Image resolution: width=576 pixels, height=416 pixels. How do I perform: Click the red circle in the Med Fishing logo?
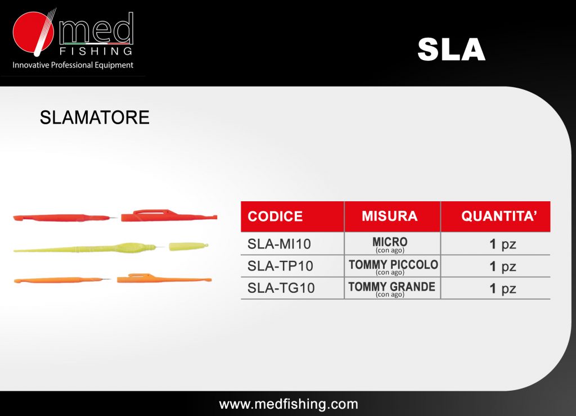click(x=33, y=32)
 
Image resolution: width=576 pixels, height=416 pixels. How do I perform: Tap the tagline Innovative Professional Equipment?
click(x=73, y=65)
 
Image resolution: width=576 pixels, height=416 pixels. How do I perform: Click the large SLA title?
click(x=452, y=49)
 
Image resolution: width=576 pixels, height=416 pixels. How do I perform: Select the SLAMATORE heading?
click(x=94, y=117)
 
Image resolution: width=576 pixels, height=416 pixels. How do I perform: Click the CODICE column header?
click(x=275, y=216)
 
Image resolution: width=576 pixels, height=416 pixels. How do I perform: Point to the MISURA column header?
click(x=390, y=216)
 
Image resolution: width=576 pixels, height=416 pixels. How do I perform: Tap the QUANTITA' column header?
click(x=499, y=216)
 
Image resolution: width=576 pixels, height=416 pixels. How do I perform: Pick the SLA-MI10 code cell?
click(x=279, y=244)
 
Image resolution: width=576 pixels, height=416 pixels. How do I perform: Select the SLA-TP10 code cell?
click(x=280, y=266)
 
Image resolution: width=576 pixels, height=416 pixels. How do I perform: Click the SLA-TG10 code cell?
click(x=281, y=288)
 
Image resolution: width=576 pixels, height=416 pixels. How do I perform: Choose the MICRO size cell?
click(x=390, y=245)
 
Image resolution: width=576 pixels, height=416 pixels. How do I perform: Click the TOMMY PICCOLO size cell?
click(x=393, y=267)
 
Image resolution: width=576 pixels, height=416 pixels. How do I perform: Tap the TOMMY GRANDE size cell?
click(x=391, y=289)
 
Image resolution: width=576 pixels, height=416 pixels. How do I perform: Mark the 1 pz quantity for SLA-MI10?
click(x=503, y=244)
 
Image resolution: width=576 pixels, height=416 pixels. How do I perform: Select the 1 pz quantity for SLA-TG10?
click(x=503, y=288)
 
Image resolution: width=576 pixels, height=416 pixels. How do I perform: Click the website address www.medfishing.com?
click(x=289, y=404)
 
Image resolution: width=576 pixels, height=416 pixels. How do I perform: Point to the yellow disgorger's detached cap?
click(x=189, y=246)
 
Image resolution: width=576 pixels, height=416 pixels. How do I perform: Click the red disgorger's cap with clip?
click(x=169, y=216)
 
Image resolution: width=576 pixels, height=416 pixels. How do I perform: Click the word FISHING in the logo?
click(x=96, y=51)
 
